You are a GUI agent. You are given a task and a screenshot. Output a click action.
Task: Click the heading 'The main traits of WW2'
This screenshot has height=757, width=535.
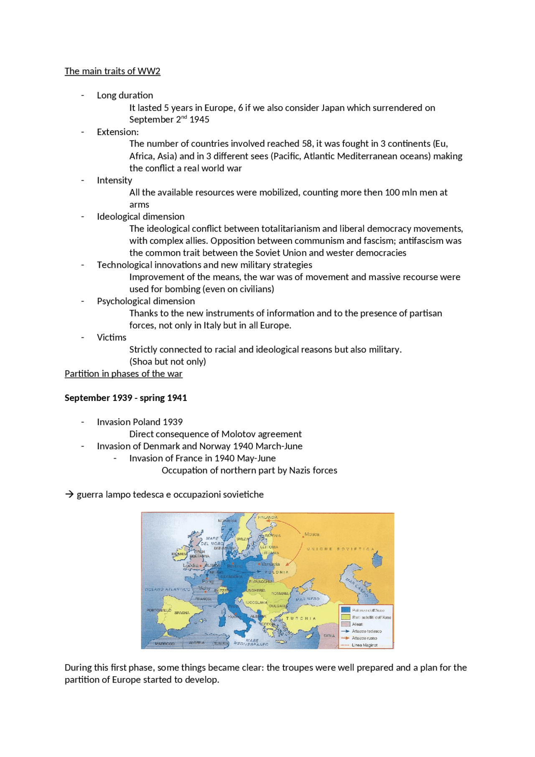(x=112, y=71)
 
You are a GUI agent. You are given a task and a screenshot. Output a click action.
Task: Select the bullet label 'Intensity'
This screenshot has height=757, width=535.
(x=114, y=180)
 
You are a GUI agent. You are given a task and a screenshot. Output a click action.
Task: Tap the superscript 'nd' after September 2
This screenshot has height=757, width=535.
(x=184, y=117)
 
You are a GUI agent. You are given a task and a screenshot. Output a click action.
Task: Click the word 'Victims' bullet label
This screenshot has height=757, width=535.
(x=111, y=337)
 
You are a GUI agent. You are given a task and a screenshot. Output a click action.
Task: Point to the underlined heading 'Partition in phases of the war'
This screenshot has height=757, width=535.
(x=123, y=374)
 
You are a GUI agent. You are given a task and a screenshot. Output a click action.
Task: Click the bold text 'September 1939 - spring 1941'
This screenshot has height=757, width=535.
(x=125, y=398)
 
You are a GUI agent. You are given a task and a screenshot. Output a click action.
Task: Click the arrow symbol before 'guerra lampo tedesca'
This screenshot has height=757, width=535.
(x=69, y=494)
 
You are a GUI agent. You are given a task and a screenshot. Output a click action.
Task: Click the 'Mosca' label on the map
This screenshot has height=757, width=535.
(x=312, y=534)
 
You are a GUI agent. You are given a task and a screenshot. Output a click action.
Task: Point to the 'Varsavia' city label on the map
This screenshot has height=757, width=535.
(x=270, y=564)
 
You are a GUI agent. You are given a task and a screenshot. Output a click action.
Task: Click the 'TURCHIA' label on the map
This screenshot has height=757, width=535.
(x=301, y=618)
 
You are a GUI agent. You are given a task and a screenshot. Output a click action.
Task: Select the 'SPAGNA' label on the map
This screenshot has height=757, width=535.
(x=182, y=613)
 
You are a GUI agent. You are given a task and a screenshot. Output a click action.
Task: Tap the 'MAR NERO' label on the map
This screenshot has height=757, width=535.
(x=308, y=599)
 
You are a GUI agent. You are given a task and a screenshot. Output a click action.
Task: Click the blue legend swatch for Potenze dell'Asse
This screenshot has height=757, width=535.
(x=345, y=610)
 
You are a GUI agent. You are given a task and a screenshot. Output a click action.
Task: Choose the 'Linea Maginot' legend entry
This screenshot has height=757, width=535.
(x=364, y=645)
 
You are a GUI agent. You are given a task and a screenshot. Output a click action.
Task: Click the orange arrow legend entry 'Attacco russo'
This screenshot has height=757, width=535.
(x=364, y=638)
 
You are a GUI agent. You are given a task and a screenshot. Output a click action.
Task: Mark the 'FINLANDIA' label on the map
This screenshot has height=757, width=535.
(x=267, y=517)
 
